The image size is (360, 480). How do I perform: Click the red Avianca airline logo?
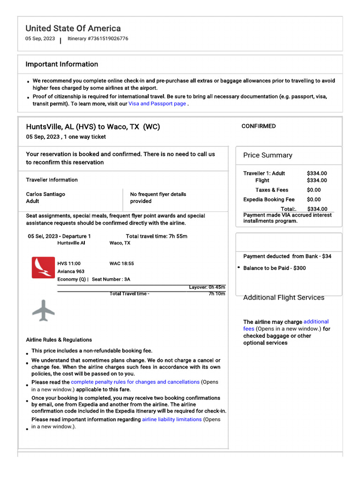click(x=43, y=268)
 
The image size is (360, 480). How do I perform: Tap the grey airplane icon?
click(x=44, y=310)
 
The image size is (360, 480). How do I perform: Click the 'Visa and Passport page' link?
click(x=157, y=104)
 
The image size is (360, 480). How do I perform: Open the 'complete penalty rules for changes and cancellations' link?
click(x=135, y=382)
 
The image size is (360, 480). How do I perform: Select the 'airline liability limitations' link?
click(x=172, y=420)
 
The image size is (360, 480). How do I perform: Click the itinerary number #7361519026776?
click(x=98, y=38)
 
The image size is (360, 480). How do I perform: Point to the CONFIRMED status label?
click(x=258, y=126)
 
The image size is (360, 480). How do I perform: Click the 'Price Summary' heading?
click(x=267, y=155)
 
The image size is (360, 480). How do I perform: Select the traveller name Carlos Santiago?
click(x=45, y=194)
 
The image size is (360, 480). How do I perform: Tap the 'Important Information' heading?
click(x=62, y=64)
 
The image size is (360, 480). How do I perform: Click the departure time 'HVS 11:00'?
click(x=69, y=263)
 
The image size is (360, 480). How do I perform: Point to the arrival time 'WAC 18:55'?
click(x=121, y=263)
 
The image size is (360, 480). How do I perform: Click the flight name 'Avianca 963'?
click(x=71, y=271)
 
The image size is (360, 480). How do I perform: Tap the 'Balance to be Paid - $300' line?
click(x=274, y=268)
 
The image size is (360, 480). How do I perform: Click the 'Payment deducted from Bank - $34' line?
click(x=287, y=256)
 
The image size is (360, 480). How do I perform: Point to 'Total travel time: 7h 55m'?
click(x=157, y=236)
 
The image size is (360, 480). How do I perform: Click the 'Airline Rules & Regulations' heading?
click(x=59, y=340)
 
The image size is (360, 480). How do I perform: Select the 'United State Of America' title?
click(x=73, y=28)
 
